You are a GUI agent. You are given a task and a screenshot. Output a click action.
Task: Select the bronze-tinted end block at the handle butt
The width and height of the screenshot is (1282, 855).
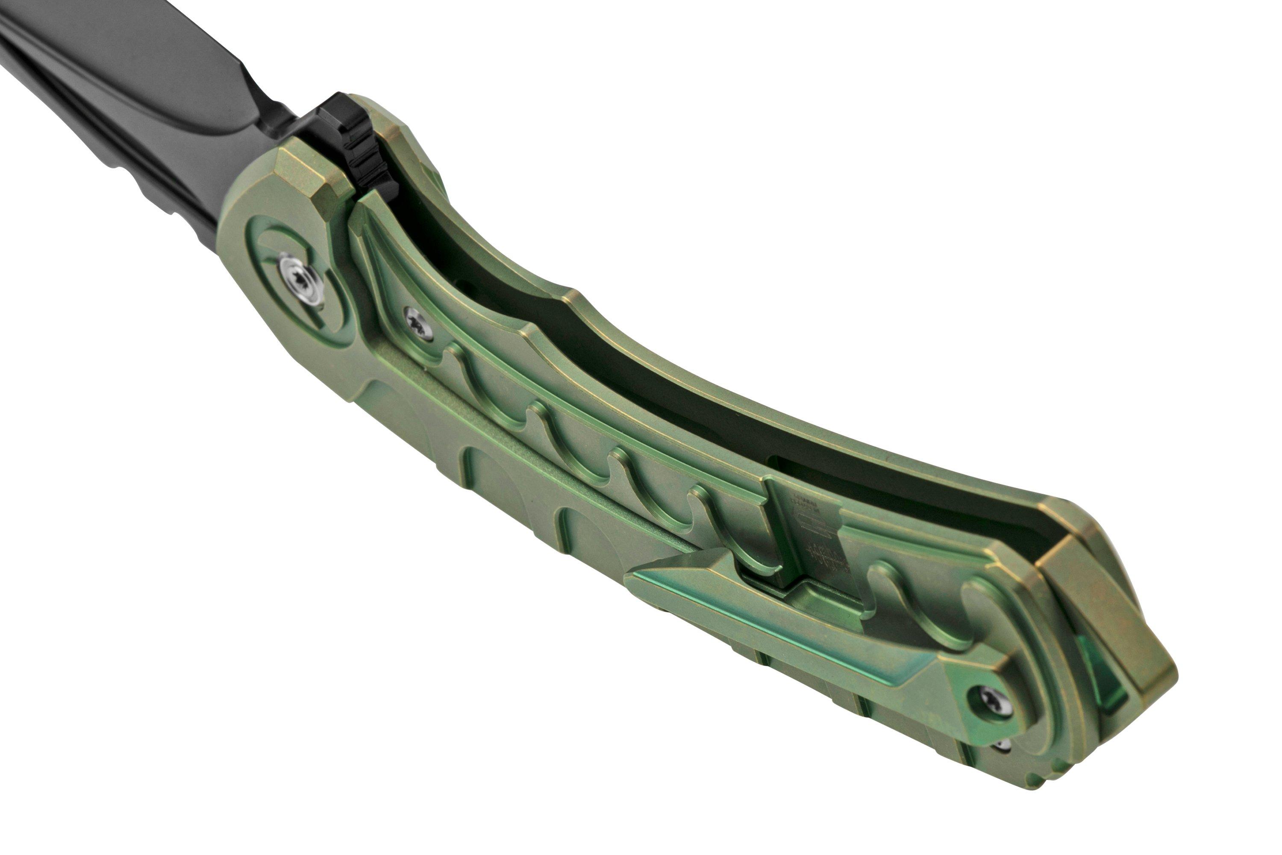click(1112, 611)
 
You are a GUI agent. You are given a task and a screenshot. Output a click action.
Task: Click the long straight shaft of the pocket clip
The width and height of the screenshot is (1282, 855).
click(790, 627)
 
